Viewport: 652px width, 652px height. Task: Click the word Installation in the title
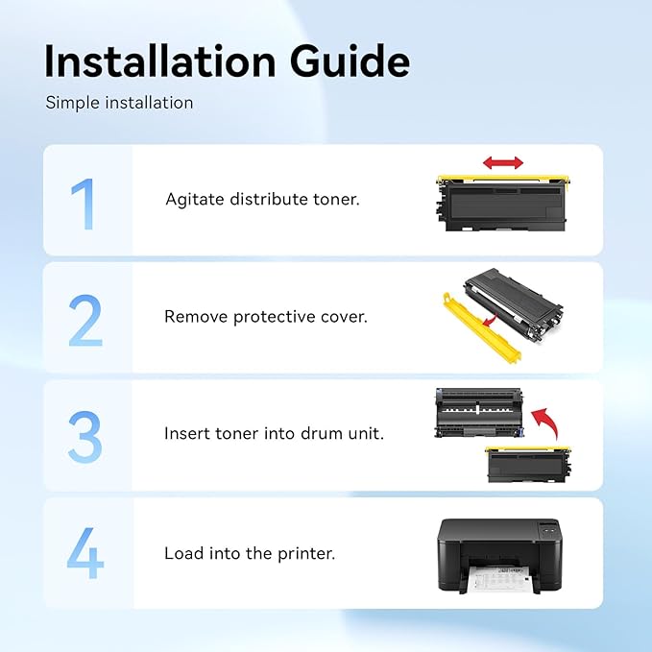pyautogui.click(x=160, y=60)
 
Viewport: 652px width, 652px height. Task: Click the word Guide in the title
pyautogui.click(x=350, y=60)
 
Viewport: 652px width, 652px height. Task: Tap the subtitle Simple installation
pyautogui.click(x=119, y=103)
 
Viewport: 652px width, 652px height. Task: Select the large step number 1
pyautogui.click(x=84, y=204)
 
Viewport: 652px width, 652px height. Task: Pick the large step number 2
pyautogui.click(x=85, y=320)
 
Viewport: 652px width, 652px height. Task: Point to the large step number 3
pyautogui.click(x=85, y=437)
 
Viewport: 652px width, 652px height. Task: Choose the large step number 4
pyautogui.click(x=85, y=553)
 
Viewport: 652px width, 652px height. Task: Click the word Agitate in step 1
pyautogui.click(x=195, y=200)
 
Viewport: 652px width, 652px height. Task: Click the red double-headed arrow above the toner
pyautogui.click(x=503, y=162)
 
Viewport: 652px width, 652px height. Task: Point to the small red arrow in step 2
pyautogui.click(x=490, y=320)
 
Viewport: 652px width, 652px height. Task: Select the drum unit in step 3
pyautogui.click(x=478, y=413)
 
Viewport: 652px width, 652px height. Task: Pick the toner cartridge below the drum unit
pyautogui.click(x=528, y=464)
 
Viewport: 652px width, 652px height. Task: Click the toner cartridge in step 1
pyautogui.click(x=503, y=203)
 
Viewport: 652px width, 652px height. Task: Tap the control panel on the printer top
pyautogui.click(x=549, y=531)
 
